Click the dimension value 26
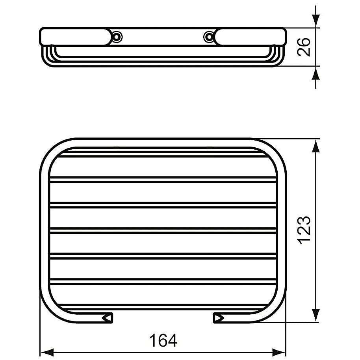pos(306,47)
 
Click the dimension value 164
pos(163,340)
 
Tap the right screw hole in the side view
pos(208,37)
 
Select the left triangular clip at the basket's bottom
pos(107,317)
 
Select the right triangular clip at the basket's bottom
pos(218,317)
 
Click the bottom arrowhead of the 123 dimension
pos(315,316)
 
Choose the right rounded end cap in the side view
pos(250,36)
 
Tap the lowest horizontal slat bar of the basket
pos(163,281)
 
